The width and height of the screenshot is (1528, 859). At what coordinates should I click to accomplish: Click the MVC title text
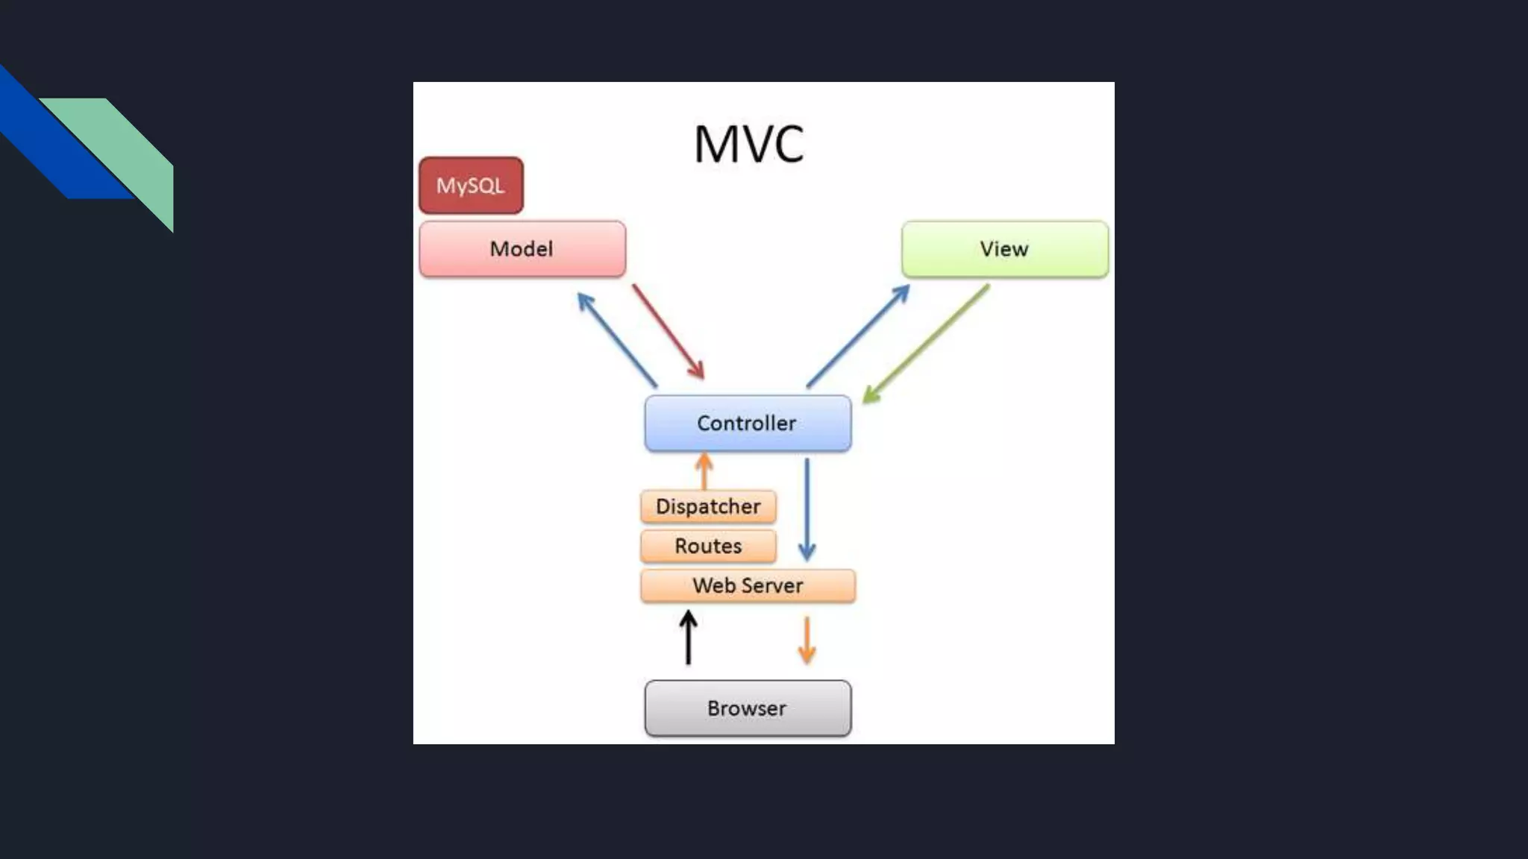(748, 144)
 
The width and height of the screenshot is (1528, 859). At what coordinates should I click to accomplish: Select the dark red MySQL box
(471, 186)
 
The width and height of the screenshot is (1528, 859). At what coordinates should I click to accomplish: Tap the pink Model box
(522, 249)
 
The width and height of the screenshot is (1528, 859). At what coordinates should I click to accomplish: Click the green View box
(1004, 249)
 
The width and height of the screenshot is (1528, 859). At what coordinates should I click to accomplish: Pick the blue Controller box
(748, 424)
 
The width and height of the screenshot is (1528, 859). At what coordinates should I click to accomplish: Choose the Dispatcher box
(708, 507)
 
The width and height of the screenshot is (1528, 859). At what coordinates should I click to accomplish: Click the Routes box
(708, 547)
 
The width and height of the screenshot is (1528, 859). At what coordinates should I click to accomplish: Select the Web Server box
(748, 586)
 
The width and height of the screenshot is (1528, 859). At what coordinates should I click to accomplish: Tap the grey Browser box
(748, 708)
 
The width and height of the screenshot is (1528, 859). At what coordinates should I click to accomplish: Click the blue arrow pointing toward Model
(617, 339)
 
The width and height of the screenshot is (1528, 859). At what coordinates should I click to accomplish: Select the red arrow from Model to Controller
(668, 332)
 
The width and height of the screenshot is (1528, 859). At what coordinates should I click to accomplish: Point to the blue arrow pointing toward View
(858, 336)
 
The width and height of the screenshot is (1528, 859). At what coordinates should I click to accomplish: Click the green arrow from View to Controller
(926, 344)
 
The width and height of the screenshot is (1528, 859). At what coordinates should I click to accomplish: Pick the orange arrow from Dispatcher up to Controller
(704, 472)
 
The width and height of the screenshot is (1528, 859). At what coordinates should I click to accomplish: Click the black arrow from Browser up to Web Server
(688, 638)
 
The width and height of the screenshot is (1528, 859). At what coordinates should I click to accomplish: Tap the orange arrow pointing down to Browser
(807, 640)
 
